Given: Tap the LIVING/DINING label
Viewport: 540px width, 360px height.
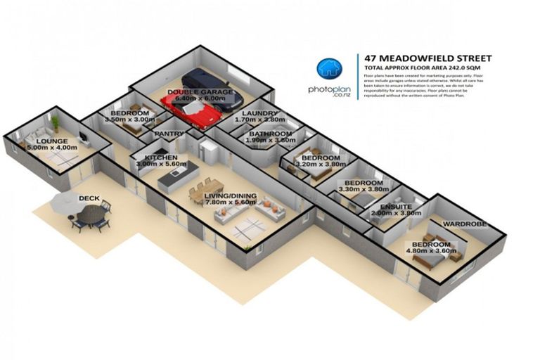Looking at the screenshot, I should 231,196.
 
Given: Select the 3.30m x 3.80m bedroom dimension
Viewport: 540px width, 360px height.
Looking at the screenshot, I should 365,189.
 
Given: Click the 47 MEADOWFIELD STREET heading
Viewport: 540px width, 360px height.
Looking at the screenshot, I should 424,58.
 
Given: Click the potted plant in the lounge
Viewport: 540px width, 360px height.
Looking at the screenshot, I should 55,125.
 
